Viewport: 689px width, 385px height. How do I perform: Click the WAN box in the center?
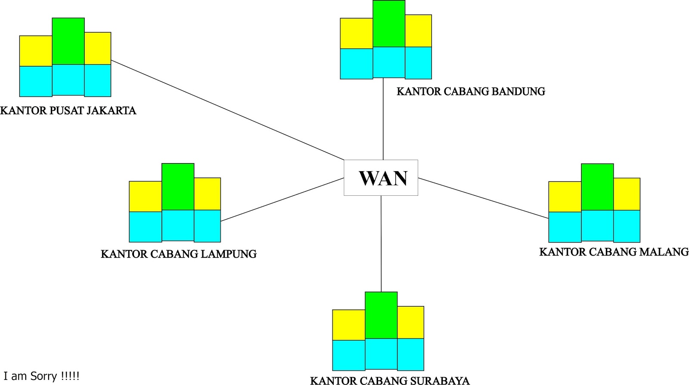381,178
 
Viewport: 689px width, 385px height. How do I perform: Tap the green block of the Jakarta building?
68,41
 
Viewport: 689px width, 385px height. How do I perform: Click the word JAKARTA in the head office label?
112,111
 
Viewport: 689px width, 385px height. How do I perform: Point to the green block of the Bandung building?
389,24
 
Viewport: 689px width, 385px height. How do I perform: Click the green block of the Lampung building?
178,187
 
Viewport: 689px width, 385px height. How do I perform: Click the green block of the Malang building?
597,187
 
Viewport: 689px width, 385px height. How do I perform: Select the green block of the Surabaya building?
381,315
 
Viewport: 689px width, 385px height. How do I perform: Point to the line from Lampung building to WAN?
282,200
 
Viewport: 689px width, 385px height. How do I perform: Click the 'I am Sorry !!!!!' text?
41,376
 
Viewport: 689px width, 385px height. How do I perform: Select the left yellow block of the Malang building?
565,197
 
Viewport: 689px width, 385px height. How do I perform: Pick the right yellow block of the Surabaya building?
410,322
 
